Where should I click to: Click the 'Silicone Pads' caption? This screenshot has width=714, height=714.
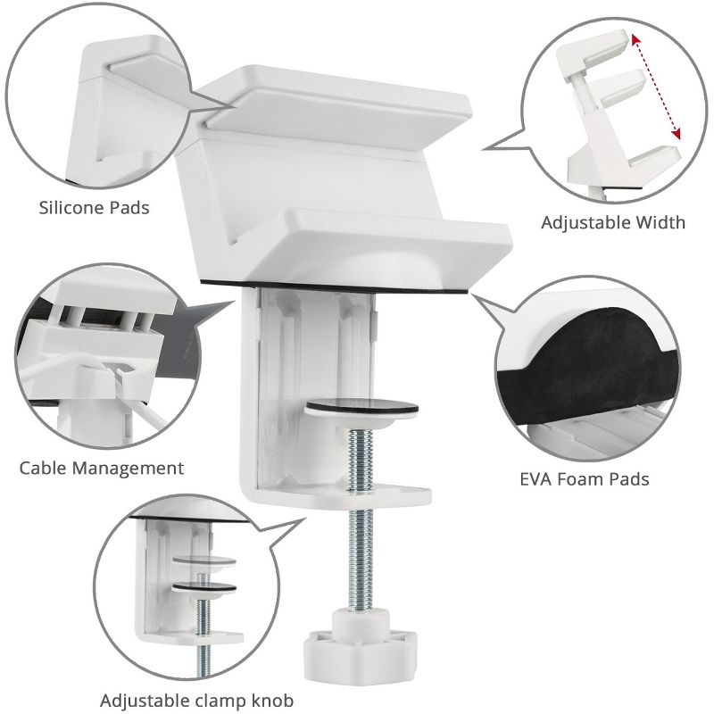pos(94,208)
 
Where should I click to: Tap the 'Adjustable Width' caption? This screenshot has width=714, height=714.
pos(613,222)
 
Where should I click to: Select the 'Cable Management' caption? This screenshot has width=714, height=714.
pos(102,468)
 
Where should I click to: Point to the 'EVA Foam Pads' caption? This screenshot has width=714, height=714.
pos(584,479)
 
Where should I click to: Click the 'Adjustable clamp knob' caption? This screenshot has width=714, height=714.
pos(196,700)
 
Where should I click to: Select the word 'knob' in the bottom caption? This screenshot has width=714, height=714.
pos(271,700)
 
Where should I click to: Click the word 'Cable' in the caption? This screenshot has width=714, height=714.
pos(46,468)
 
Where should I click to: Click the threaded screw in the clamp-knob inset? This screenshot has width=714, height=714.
pos(204,616)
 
